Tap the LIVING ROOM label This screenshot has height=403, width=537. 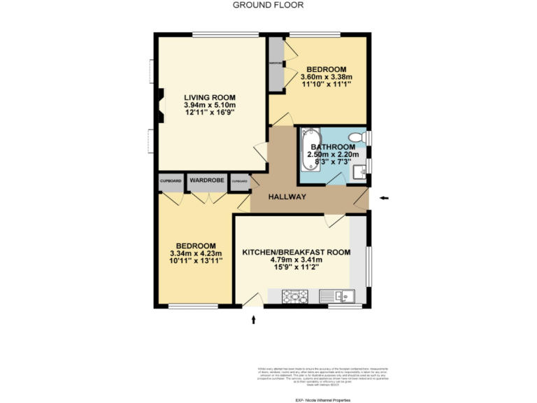210,97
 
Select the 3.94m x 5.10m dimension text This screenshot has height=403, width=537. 210,106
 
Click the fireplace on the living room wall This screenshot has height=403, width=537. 160,106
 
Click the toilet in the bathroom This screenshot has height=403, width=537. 357,136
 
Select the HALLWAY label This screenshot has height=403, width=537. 287,197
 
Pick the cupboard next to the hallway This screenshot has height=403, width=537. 240,181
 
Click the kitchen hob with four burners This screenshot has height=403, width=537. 296,296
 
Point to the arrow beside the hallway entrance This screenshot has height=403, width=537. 384,199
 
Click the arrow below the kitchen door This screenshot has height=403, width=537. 254,320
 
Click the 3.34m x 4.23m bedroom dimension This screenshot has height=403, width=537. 196,253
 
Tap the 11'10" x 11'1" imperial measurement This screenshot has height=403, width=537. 326,85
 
